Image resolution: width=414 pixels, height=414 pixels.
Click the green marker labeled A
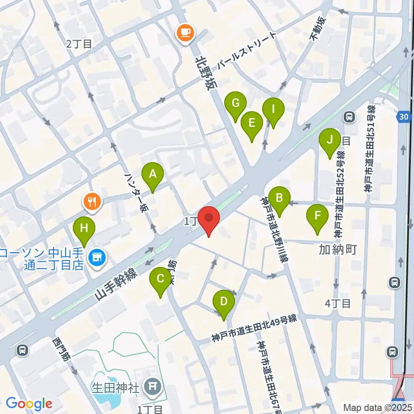click(152, 174)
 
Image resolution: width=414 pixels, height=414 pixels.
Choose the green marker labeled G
click(235, 103)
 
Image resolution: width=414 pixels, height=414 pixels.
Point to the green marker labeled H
click(84, 228)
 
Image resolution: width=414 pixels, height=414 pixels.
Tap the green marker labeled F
click(317, 215)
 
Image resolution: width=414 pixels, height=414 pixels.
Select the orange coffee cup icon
click(185, 32)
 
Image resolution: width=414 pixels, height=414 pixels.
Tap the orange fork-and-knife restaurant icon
click(92, 201)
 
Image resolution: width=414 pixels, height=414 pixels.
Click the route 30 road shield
click(403, 116)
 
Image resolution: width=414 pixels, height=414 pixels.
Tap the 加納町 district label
click(338, 249)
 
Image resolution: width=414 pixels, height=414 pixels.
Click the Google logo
click(29, 404)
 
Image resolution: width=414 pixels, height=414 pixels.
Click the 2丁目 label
click(79, 44)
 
